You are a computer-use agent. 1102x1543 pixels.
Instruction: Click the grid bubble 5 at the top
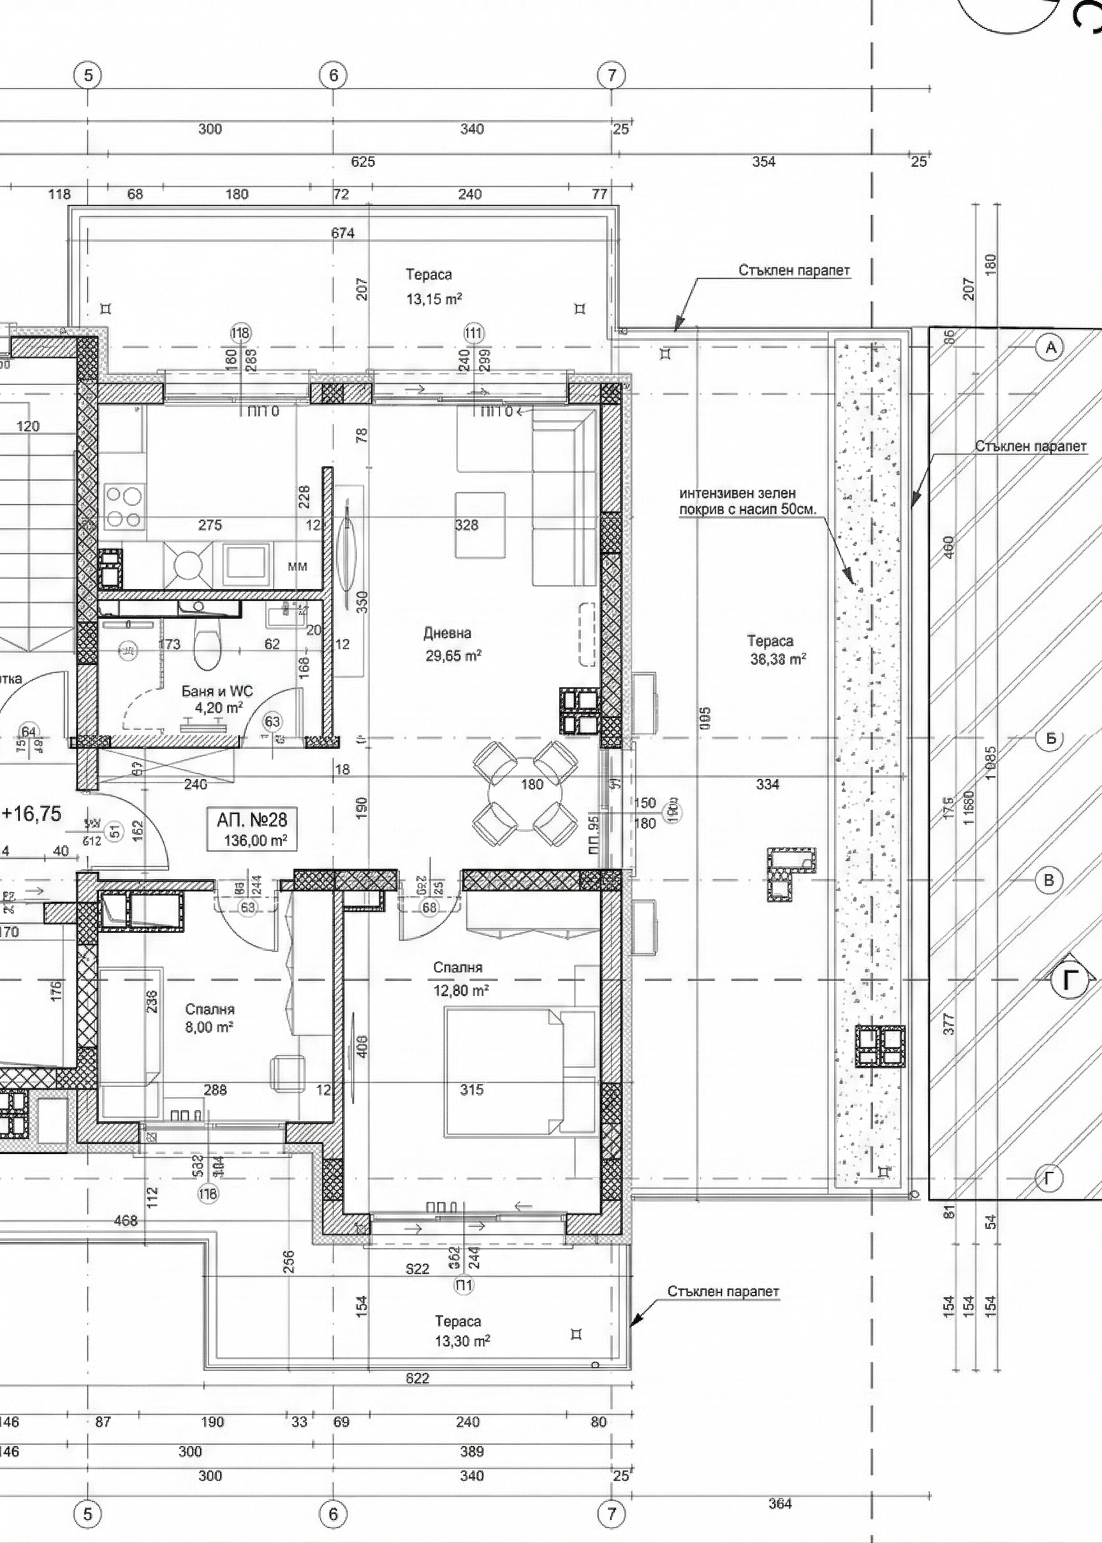[x=88, y=75]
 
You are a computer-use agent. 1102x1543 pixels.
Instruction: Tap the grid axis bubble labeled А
[x=1050, y=348]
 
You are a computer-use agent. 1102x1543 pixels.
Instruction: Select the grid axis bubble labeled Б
[x=1050, y=738]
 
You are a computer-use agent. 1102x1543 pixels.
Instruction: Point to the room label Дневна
[x=448, y=634]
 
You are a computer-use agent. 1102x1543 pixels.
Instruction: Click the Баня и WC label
[x=217, y=691]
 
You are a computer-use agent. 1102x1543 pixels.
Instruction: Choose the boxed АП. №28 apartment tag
[x=253, y=829]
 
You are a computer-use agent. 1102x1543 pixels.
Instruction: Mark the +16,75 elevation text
[x=33, y=813]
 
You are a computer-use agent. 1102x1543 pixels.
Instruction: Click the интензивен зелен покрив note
[x=746, y=501]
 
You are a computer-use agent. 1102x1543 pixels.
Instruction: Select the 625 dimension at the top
[x=363, y=161]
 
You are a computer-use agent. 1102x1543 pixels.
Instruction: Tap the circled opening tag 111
[x=474, y=333]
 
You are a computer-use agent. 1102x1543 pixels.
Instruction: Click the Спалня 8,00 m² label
[x=210, y=1018]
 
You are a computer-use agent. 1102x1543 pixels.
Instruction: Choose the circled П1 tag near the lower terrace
[x=465, y=1285]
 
